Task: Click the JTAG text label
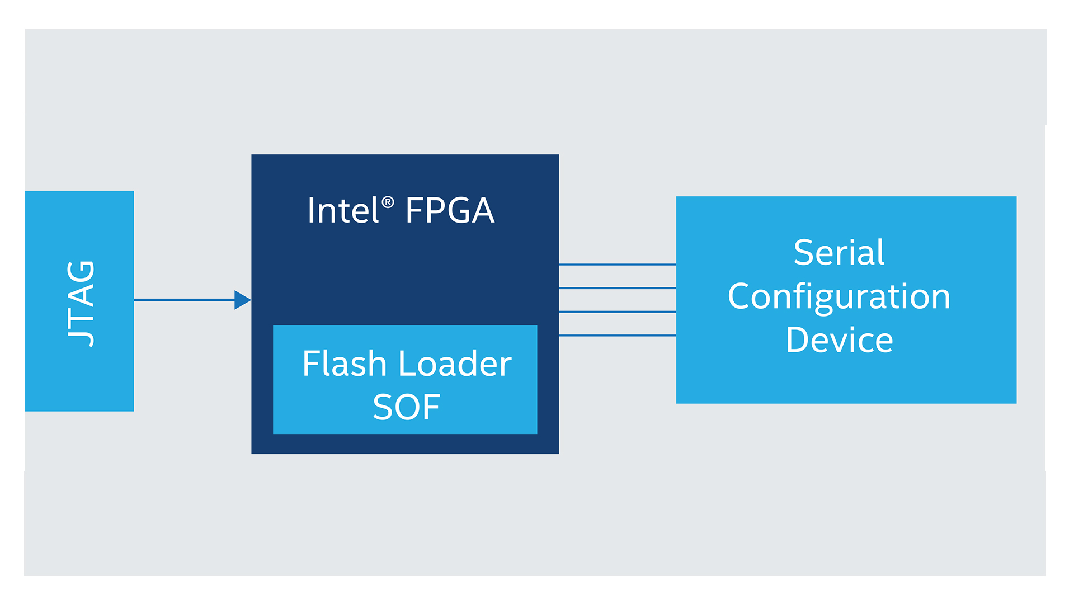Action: click(81, 304)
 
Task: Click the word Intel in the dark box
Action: click(343, 211)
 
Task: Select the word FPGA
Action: click(450, 211)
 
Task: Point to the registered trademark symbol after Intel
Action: click(388, 202)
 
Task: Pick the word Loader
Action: click(455, 364)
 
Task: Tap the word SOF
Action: click(406, 407)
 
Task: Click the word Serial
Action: click(839, 252)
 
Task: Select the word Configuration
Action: click(839, 297)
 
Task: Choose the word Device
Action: click(839, 340)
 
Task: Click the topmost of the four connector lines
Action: click(617, 265)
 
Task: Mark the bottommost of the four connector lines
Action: click(617, 336)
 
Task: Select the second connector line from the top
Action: click(617, 288)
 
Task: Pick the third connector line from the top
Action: click(617, 312)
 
